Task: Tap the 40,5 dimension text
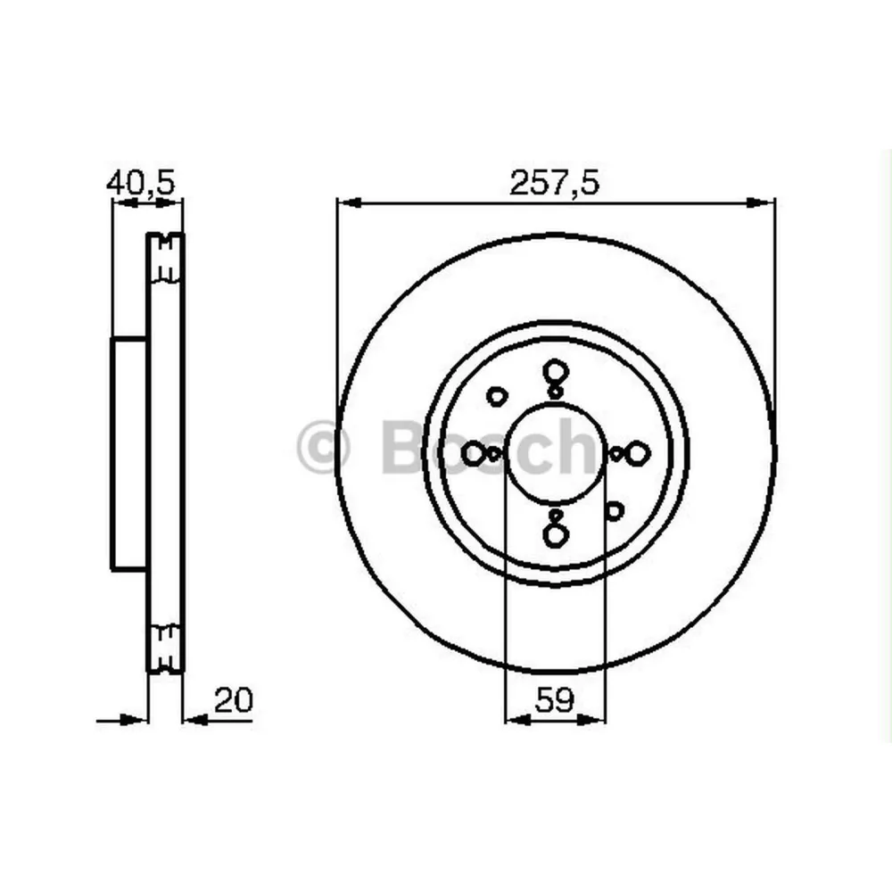[x=141, y=183]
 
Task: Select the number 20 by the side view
[x=235, y=700]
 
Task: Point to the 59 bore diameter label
[x=554, y=701]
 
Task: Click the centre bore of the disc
[x=555, y=455]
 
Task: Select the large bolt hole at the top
[x=555, y=372]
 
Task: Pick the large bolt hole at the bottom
[x=555, y=535]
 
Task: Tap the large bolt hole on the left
[x=473, y=454]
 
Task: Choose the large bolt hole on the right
[x=637, y=454]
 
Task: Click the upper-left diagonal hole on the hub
[x=496, y=395]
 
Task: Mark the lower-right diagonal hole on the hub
[x=614, y=511]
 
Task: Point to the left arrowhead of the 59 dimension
[x=514, y=718]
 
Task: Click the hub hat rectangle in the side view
[x=129, y=453]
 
